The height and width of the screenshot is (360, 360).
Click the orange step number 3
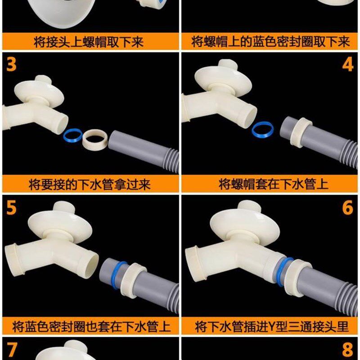click(12, 64)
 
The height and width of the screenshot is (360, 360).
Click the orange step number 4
click(347, 64)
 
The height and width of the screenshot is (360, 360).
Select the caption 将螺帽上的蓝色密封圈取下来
click(270, 42)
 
